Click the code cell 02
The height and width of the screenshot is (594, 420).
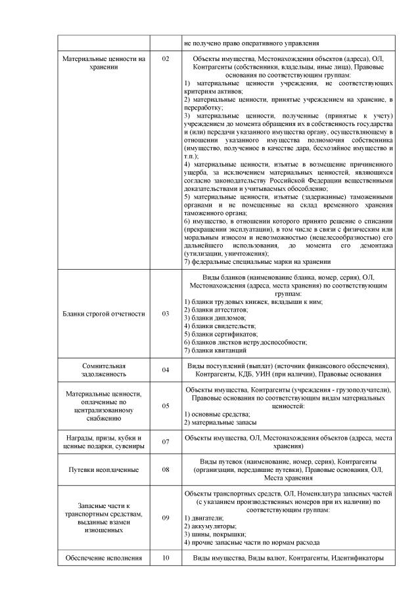[165, 59]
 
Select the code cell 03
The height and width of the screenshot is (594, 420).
[165, 314]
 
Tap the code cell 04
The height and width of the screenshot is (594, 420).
[165, 370]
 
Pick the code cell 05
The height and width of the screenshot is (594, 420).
[165, 406]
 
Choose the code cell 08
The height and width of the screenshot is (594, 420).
[165, 470]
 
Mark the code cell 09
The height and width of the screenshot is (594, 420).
[165, 518]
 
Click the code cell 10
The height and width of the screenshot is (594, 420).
[165, 558]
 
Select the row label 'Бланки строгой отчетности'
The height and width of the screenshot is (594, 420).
[104, 314]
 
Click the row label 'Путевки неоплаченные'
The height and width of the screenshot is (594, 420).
[104, 470]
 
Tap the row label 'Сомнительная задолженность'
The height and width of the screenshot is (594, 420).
[104, 370]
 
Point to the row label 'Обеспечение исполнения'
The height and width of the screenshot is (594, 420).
[104, 558]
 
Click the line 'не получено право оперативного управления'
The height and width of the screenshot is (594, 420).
[252, 43]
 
